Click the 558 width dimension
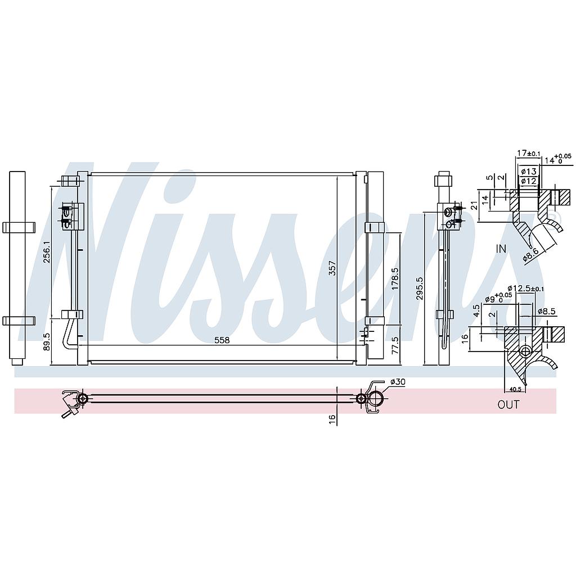click(x=222, y=340)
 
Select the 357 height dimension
click(x=332, y=268)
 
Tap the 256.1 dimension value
click(x=47, y=252)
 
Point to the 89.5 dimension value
click(x=47, y=341)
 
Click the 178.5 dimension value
click(x=395, y=278)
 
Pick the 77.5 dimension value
click(x=395, y=346)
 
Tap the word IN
click(x=501, y=249)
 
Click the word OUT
click(x=508, y=404)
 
